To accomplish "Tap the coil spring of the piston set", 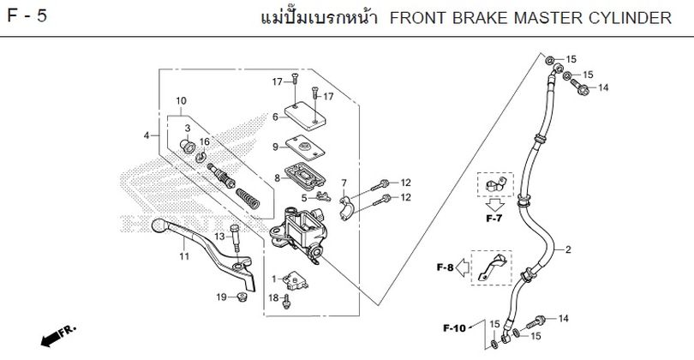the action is [x=248, y=198].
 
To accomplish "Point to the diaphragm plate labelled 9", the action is [x=305, y=147].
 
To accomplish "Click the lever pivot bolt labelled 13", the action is [x=235, y=238].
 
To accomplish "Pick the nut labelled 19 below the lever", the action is [x=242, y=297].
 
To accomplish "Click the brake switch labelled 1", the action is [x=291, y=279].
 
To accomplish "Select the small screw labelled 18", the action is [x=287, y=302].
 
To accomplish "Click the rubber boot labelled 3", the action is [x=188, y=146].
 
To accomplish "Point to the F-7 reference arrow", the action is [x=494, y=205].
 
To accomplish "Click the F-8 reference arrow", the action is [x=462, y=268].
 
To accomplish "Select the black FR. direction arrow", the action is [x=52, y=339].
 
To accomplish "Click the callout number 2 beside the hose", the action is [x=568, y=249].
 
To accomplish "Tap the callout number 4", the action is [x=147, y=136].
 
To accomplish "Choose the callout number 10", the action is [x=181, y=101].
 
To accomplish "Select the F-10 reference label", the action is [x=455, y=328].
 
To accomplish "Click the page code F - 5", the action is [x=27, y=16].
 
